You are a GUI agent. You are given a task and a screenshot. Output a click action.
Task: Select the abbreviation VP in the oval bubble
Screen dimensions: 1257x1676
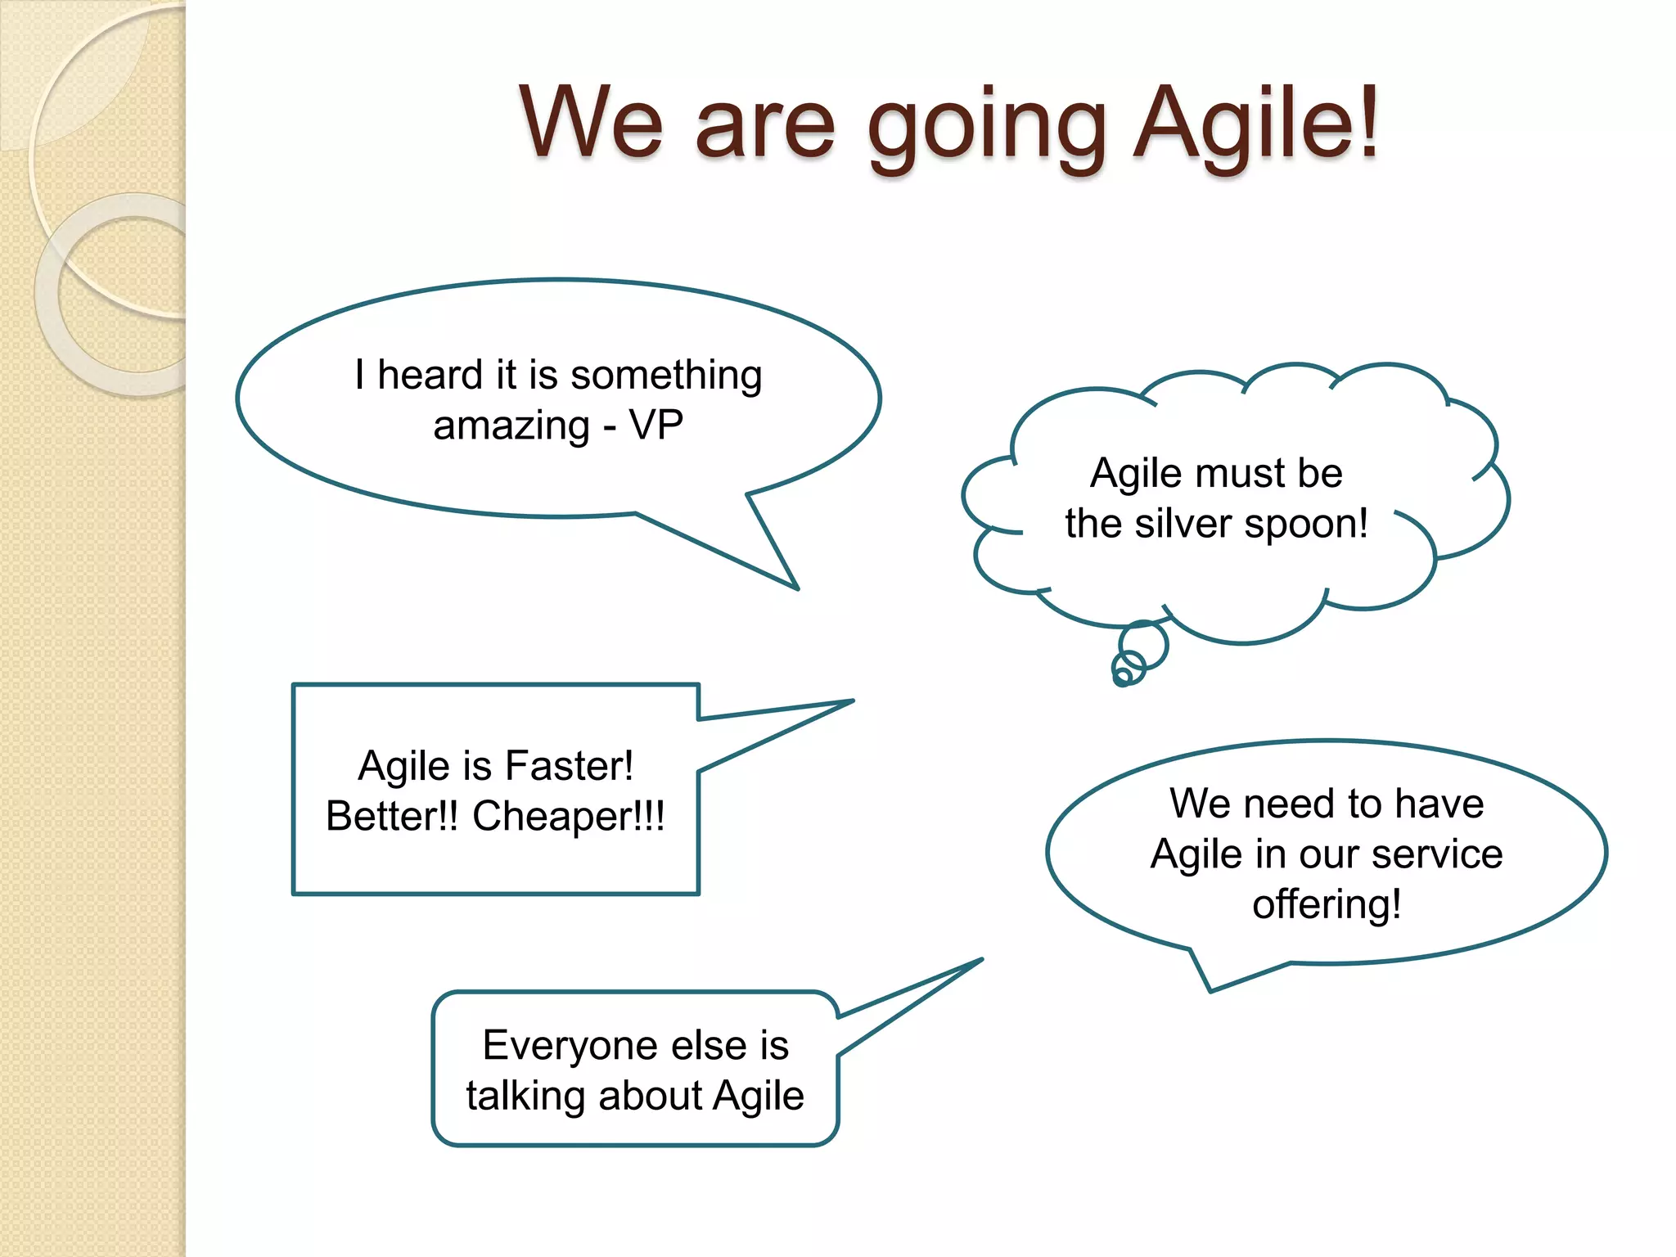coord(656,425)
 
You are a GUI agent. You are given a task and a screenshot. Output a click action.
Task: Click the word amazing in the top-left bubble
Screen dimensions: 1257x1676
coord(511,426)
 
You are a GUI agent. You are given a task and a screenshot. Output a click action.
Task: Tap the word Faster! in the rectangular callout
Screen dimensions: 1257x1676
coord(569,767)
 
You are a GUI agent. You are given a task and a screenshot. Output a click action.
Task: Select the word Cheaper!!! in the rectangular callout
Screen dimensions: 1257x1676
coord(569,817)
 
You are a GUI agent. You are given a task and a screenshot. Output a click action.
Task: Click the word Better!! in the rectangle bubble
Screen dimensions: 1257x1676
coord(392,817)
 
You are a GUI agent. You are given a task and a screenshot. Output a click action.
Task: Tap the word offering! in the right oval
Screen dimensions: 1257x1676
coord(1327,905)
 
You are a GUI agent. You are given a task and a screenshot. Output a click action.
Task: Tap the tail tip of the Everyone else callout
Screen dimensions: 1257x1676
coord(978,962)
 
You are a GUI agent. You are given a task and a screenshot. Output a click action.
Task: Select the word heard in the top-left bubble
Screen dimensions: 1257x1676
coord(430,376)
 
